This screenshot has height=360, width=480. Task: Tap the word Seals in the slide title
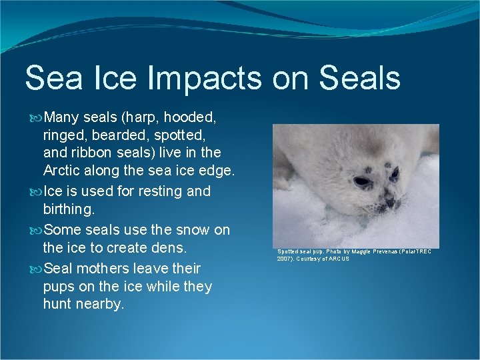coord(359,77)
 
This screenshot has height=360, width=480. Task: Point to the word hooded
coord(190,118)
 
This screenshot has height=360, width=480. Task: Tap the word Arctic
coord(63,171)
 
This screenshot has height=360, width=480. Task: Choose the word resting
coord(161,191)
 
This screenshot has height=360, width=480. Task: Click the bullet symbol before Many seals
coord(36,118)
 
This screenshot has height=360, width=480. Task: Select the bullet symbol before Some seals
coord(36,230)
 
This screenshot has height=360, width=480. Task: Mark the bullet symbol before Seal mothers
coord(36,269)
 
